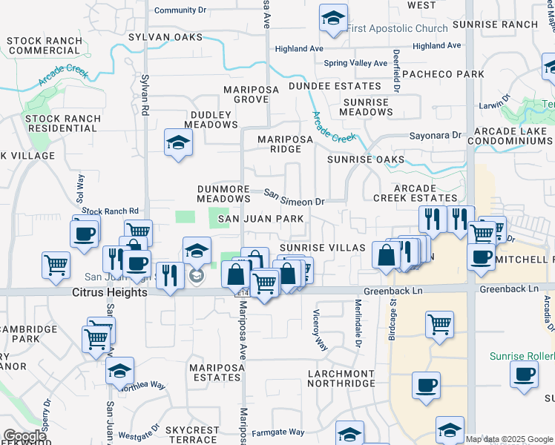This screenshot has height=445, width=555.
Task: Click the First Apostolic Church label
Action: [x=397, y=29]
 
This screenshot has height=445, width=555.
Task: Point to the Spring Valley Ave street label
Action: [x=355, y=63]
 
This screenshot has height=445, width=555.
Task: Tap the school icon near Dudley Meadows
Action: [x=178, y=143]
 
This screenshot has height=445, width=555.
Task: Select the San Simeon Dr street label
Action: [x=295, y=197]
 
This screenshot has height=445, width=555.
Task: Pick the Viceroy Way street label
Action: [x=320, y=330]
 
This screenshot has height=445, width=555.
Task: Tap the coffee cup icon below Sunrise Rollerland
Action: [x=524, y=375]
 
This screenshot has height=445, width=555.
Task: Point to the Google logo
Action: [x=24, y=436]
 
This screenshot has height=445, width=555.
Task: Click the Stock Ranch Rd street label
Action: [x=111, y=211]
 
